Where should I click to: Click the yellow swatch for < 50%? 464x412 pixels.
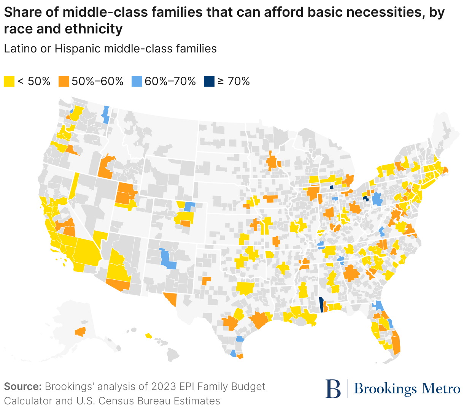coord(9,81)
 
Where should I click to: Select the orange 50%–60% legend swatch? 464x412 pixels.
coord(64,81)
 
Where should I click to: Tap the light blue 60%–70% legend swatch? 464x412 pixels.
coord(137,81)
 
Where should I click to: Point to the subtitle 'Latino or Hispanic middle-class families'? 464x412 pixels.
coord(110,49)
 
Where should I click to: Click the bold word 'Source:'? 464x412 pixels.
coord(22,387)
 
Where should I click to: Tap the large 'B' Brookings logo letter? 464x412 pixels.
coord(334,388)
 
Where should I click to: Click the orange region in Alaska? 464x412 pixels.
coord(80,332)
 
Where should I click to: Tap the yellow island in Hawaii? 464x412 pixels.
coord(148,336)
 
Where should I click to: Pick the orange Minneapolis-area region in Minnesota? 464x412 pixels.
coord(272,162)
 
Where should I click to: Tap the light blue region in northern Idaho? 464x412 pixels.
coord(106,115)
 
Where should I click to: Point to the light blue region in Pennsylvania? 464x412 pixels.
coord(377,199)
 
